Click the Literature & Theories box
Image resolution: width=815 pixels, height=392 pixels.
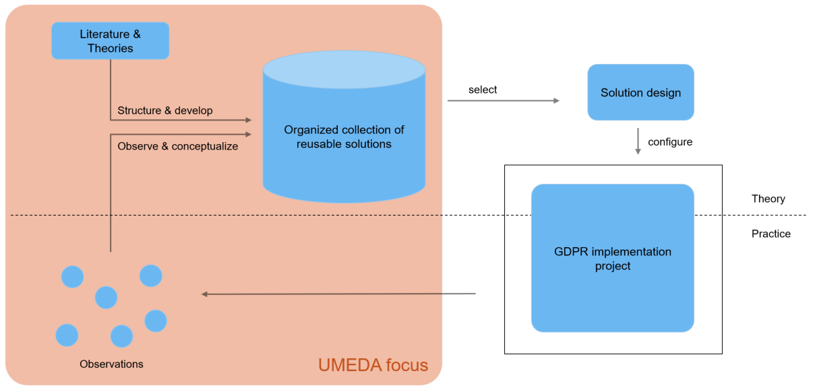110,41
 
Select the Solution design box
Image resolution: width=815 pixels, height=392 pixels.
640,93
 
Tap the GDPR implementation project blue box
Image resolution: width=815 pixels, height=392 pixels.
612,259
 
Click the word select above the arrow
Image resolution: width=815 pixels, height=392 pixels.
483,90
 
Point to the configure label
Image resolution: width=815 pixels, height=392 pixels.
670,142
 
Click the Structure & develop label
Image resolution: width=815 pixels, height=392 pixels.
164,110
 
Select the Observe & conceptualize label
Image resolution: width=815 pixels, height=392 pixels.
177,146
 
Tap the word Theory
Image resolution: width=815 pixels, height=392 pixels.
768,199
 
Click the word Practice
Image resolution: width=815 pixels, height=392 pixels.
771,234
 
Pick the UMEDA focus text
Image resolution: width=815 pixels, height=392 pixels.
373,365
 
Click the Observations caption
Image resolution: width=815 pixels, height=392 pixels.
111,364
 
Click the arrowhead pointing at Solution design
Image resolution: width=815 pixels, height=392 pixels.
556,101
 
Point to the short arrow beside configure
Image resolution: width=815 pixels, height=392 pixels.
638,142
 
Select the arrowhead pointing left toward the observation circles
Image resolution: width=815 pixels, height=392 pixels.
205,294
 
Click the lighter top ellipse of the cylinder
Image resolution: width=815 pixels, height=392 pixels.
344,69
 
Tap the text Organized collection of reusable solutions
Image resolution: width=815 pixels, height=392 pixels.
344,137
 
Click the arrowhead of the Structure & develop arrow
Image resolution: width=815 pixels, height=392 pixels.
248,121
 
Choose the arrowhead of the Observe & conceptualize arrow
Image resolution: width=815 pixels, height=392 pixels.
248,134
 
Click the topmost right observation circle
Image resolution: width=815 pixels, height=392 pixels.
150,275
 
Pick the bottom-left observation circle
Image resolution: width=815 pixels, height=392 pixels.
67,335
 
